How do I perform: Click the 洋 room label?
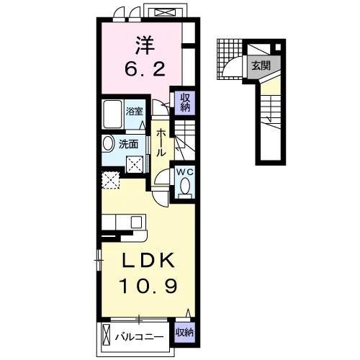pyautogui.click(x=145, y=45)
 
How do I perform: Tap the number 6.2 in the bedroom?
pyautogui.click(x=145, y=69)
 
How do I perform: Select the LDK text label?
pyautogui.click(x=148, y=261)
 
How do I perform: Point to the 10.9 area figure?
pyautogui.click(x=149, y=286)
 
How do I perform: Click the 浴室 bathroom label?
pyautogui.click(x=135, y=111)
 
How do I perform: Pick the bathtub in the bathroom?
pyautogui.click(x=112, y=114)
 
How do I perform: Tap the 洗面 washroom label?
pyautogui.click(x=129, y=144)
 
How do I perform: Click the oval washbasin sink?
pyautogui.click(x=108, y=143)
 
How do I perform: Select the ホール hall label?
pyautogui.click(x=161, y=143)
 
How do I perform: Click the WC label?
pyautogui.click(x=185, y=171)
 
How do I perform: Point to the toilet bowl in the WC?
pyautogui.click(x=185, y=186)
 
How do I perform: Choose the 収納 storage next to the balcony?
pyautogui.click(x=184, y=333)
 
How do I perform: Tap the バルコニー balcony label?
pyautogui.click(x=139, y=337)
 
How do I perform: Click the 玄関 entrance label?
pyautogui.click(x=261, y=66)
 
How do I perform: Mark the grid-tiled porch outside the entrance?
pyautogui.click(x=230, y=59)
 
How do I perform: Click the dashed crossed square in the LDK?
pyautogui.click(x=110, y=180)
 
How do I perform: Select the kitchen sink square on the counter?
pyautogui.click(x=136, y=222)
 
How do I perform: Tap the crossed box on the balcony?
pyautogui.click(x=106, y=335)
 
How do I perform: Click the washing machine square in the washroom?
pyautogui.click(x=135, y=164)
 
